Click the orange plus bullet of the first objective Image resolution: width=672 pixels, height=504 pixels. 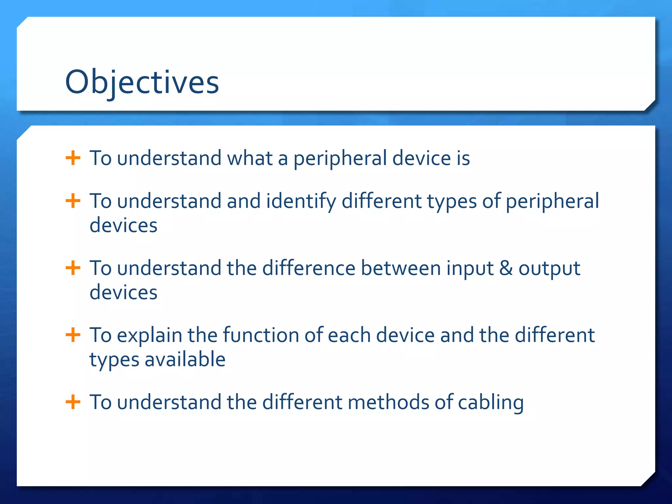click(x=73, y=158)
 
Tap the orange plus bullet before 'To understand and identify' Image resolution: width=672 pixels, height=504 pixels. click(x=73, y=201)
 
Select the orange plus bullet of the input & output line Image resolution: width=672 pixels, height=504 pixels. click(x=73, y=268)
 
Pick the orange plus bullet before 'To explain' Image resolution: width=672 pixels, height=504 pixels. click(x=73, y=335)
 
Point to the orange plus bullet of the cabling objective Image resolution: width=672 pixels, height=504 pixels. click(x=73, y=402)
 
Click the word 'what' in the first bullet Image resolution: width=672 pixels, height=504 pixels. click(x=250, y=158)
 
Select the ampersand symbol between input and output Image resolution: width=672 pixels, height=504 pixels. click(x=506, y=268)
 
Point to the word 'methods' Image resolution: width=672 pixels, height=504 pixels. click(x=388, y=402)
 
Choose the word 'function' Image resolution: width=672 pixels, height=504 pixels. click(x=261, y=335)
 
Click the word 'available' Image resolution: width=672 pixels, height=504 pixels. click(x=185, y=359)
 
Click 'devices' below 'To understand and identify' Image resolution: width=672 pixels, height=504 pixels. click(x=123, y=226)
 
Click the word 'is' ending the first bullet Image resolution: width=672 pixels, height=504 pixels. click(x=463, y=158)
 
